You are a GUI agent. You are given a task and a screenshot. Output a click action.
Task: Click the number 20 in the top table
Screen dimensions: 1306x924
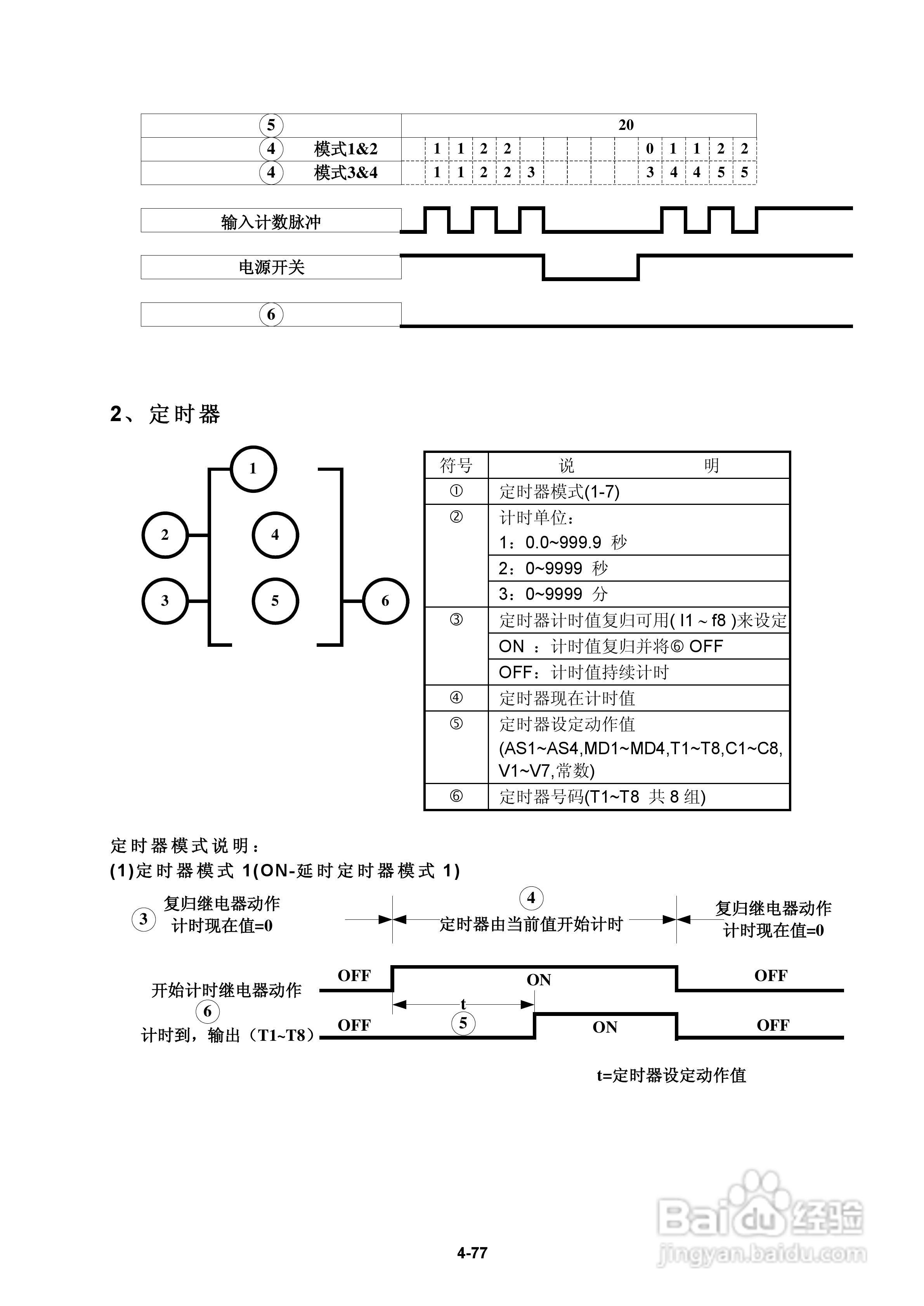pyautogui.click(x=626, y=125)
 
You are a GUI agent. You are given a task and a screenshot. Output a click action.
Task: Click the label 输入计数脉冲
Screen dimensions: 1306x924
pyautogui.click(x=271, y=221)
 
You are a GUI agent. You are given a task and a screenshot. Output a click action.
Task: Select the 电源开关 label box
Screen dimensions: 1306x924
pyautogui.click(x=271, y=267)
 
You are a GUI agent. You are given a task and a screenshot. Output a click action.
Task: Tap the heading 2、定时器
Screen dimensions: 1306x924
pyautogui.click(x=165, y=414)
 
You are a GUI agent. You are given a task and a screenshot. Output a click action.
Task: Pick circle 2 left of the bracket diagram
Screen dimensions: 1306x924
pyautogui.click(x=165, y=535)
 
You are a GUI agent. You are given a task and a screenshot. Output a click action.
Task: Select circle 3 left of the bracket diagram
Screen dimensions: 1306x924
pyautogui.click(x=165, y=601)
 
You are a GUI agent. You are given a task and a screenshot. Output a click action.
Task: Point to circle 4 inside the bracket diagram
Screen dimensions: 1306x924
pyautogui.click(x=275, y=535)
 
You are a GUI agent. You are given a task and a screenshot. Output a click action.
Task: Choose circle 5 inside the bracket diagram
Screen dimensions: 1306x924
pyautogui.click(x=275, y=601)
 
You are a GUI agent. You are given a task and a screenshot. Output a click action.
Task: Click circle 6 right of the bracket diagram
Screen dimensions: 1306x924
pyautogui.click(x=385, y=601)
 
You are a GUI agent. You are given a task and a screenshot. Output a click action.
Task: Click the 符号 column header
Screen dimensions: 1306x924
pyautogui.click(x=456, y=466)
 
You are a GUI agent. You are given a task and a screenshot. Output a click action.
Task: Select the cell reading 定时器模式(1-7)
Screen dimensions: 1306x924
pyautogui.click(x=559, y=491)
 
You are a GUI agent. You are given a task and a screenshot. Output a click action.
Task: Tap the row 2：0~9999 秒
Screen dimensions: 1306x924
pyautogui.click(x=553, y=568)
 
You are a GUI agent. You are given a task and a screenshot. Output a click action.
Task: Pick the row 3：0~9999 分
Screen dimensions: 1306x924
pyautogui.click(x=553, y=594)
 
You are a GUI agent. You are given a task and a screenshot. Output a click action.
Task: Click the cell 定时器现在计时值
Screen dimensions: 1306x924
pyautogui.click(x=567, y=698)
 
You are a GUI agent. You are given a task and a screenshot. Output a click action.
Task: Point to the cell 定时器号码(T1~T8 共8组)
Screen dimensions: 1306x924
pyautogui.click(x=602, y=797)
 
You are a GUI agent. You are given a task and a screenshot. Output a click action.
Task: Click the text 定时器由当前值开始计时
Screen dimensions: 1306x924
pyautogui.click(x=531, y=924)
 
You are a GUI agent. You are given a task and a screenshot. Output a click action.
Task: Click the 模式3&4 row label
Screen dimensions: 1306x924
pyautogui.click(x=345, y=172)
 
